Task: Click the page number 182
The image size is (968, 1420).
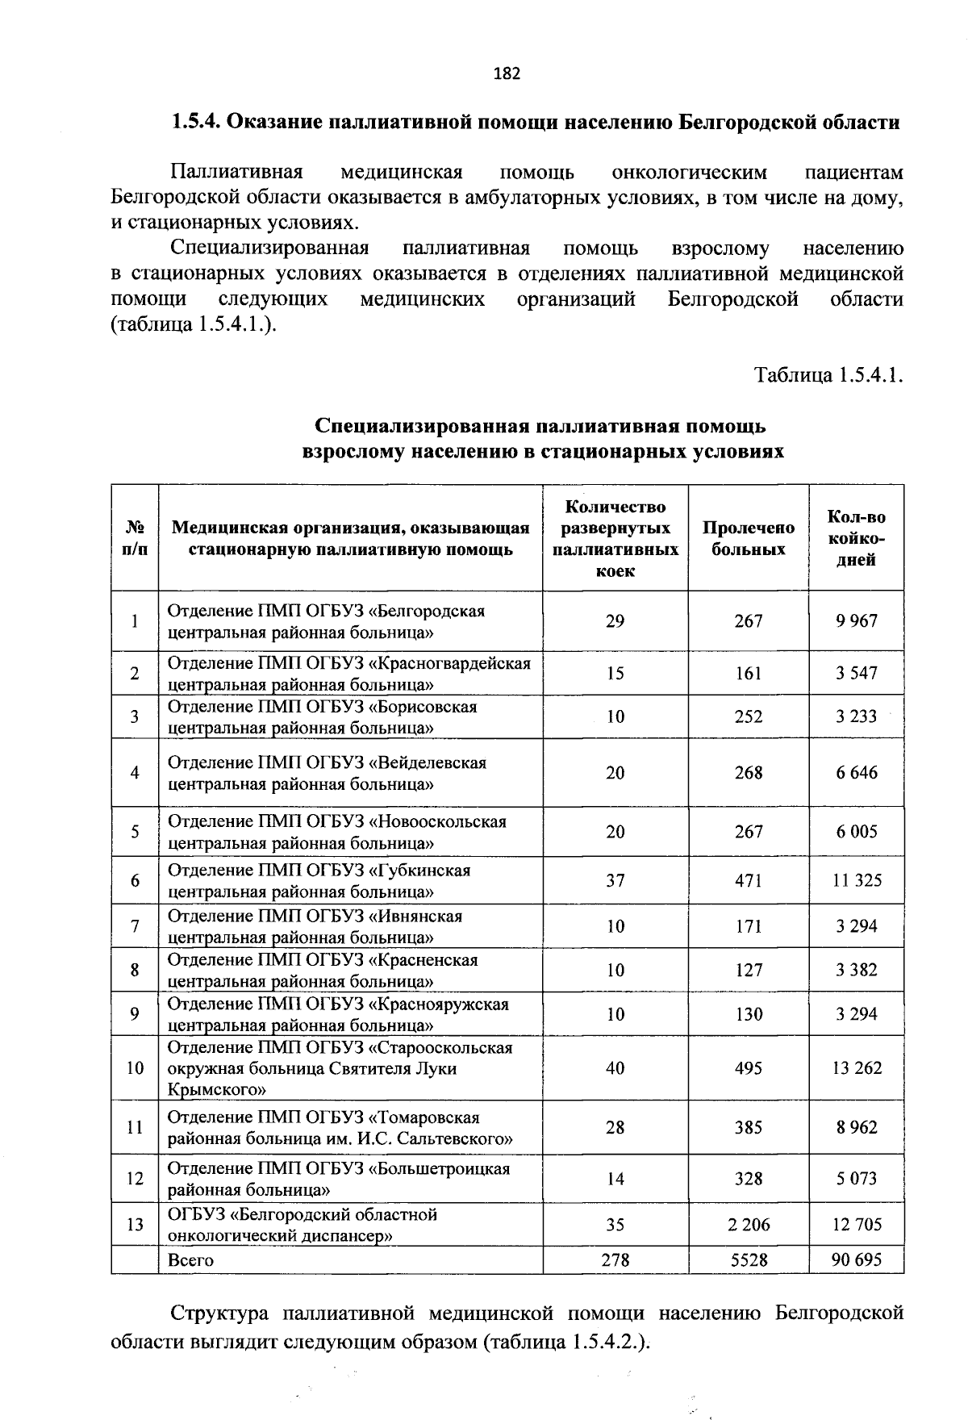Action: pos(507,74)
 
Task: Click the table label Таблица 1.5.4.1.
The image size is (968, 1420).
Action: pos(828,375)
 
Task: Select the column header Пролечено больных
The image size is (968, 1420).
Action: pos(748,538)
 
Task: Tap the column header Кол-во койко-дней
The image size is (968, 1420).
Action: pos(856,538)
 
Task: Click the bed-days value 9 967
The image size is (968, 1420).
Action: pos(856,621)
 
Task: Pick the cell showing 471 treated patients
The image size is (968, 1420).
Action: pos(748,880)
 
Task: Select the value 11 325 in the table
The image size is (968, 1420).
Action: pos(857,880)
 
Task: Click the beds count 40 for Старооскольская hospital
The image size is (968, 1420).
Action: pos(615,1068)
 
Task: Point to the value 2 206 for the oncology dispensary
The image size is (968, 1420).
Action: pos(748,1225)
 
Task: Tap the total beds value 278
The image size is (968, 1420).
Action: pos(615,1259)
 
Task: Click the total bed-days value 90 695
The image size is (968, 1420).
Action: pos(857,1259)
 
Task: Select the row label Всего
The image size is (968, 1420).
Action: pos(190,1259)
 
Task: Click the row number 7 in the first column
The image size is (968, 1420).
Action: pos(135,926)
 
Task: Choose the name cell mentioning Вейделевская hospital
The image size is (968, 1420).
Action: pos(327,773)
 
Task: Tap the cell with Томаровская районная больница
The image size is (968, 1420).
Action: pos(339,1128)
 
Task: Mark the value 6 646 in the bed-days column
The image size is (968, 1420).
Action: pos(857,773)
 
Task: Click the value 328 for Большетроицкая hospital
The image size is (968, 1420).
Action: pos(748,1179)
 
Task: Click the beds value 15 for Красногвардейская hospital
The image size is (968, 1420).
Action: pos(615,673)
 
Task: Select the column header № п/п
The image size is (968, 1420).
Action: pos(135,538)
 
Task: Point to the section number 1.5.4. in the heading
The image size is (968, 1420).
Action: pos(194,123)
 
